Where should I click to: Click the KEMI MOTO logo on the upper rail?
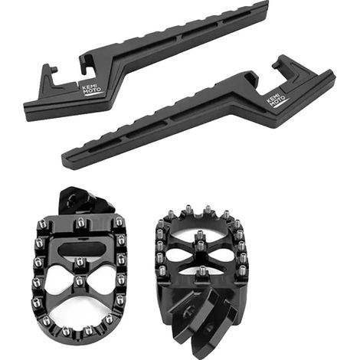(91, 90)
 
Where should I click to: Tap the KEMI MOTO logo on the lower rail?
(277, 100)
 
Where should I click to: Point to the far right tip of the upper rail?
(268, 2)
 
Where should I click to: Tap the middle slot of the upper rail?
(200, 30)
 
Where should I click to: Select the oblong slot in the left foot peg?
(79, 247)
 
